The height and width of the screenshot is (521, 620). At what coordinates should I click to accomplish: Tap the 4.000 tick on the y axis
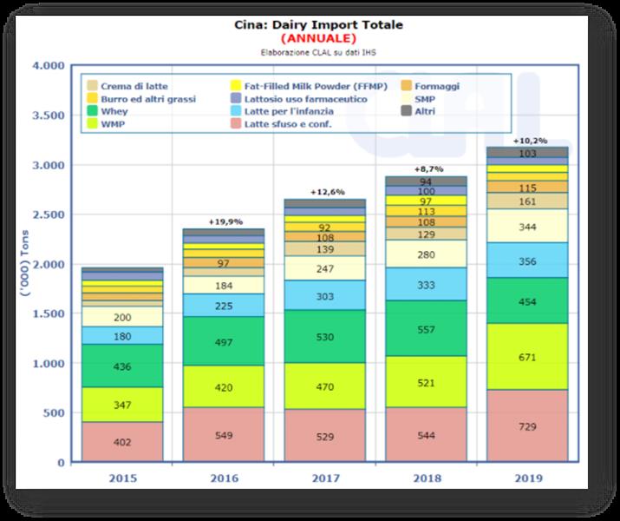tap(46, 66)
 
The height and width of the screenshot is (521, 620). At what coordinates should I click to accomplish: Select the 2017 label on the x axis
tap(324, 478)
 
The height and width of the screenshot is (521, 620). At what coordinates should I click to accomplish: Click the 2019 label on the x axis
tap(528, 478)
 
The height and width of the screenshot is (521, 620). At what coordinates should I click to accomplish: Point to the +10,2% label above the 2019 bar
tap(528, 140)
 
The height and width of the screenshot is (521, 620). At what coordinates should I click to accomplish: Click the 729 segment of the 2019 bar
tap(528, 426)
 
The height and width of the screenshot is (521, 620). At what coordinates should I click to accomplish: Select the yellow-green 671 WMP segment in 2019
tap(528, 357)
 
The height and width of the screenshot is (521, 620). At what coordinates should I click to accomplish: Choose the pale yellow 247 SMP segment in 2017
tap(324, 268)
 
